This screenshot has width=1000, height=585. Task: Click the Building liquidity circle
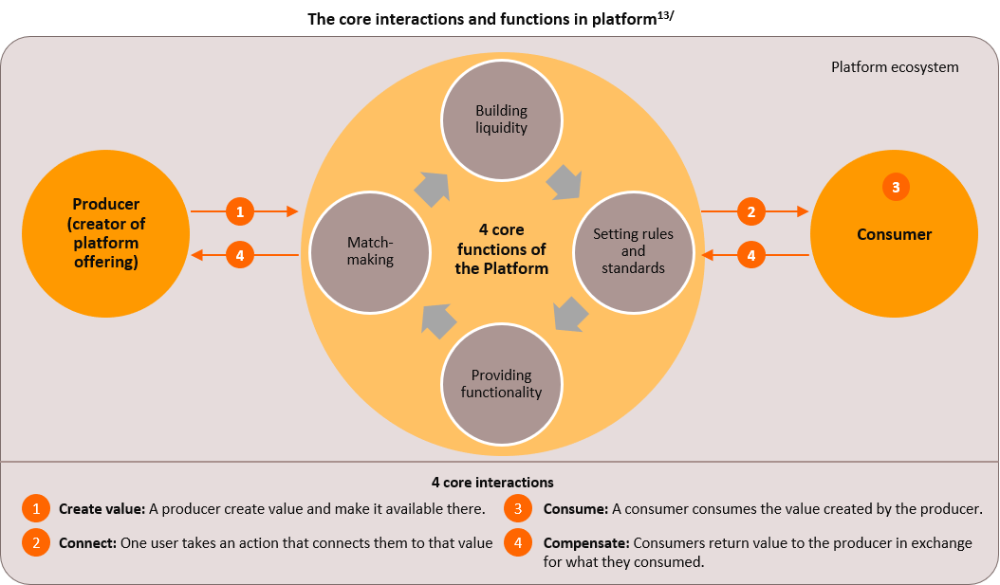pyautogui.click(x=501, y=119)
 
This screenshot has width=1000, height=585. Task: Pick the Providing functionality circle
pyautogui.click(x=501, y=384)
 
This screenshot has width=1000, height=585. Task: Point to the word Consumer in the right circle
pyautogui.click(x=894, y=234)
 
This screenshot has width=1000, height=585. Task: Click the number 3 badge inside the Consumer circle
pyautogui.click(x=896, y=187)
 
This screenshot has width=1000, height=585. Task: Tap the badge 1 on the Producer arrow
pyautogui.click(x=240, y=212)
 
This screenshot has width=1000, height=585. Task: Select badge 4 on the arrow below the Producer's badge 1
pyautogui.click(x=240, y=255)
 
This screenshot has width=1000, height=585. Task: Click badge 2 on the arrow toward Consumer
pyautogui.click(x=750, y=212)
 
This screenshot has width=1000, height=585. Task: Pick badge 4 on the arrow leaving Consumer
pyautogui.click(x=750, y=255)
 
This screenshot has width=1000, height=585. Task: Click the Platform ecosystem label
pyautogui.click(x=895, y=67)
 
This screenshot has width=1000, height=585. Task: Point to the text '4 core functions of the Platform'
pyautogui.click(x=501, y=248)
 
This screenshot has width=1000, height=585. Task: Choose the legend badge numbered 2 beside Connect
pyautogui.click(x=36, y=543)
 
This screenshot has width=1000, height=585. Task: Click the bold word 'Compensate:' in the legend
pyautogui.click(x=585, y=543)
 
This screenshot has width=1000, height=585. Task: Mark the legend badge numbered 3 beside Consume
pyautogui.click(x=518, y=509)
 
